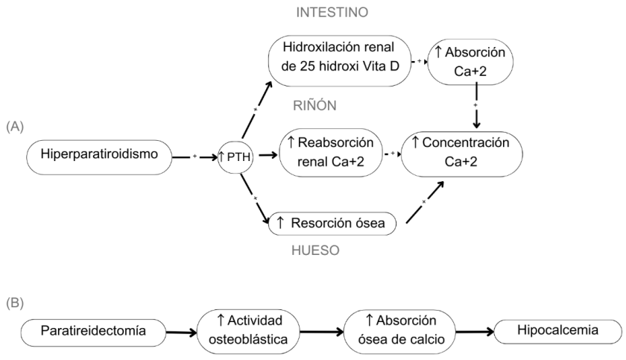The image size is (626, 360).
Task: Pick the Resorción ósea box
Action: (333, 222)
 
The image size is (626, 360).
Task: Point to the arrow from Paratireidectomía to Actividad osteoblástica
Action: (182, 329)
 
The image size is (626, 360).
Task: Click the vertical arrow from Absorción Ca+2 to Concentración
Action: (476, 108)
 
